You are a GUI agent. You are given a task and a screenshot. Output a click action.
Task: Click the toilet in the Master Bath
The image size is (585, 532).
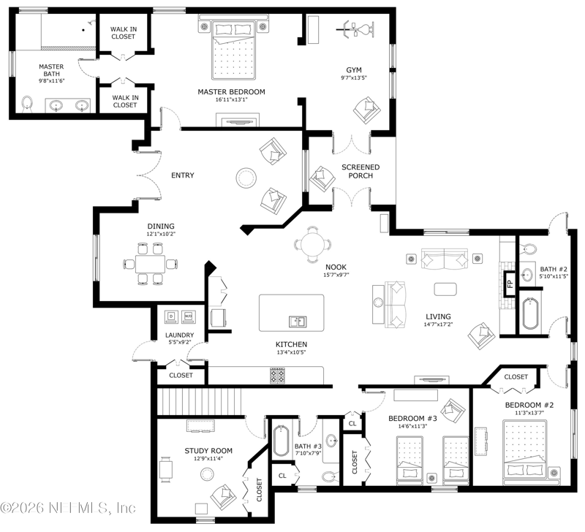pos(27,104)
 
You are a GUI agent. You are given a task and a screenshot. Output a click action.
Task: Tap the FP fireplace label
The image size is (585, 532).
pos(510,284)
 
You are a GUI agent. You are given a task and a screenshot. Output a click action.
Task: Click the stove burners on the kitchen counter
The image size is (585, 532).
pos(277,375)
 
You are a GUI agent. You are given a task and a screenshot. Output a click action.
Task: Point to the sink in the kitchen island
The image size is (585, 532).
pos(298,322)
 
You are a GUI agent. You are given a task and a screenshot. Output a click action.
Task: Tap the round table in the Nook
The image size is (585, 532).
pos(313,245)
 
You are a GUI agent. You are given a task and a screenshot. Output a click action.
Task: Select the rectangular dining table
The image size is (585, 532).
pos(150,264)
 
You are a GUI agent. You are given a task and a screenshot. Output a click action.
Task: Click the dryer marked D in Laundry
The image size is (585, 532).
pos(171,316)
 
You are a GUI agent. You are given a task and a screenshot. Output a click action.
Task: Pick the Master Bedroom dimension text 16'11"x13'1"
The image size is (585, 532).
pos(231,99)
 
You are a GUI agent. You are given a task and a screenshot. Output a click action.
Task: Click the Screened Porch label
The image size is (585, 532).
pos(361,171)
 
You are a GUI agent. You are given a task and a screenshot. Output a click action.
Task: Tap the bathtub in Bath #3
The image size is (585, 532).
pos(281,441)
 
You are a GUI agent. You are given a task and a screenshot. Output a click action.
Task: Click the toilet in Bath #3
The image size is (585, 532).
pos(330,476)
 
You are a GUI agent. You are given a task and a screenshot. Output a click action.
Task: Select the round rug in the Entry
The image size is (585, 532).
pos(246,178)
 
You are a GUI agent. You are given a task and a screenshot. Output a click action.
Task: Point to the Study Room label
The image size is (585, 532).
pos(208,451)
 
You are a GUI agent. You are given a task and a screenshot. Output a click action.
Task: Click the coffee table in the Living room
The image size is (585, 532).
pos(445,289)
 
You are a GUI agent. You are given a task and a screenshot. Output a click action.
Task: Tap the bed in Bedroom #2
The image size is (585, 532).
pos(525,449)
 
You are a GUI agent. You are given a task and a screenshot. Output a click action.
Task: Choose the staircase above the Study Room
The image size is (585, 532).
pos(199,401)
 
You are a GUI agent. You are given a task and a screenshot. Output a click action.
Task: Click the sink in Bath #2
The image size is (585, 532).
pos(526,275)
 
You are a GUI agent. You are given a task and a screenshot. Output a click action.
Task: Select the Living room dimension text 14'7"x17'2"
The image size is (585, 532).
pos(438,324)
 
